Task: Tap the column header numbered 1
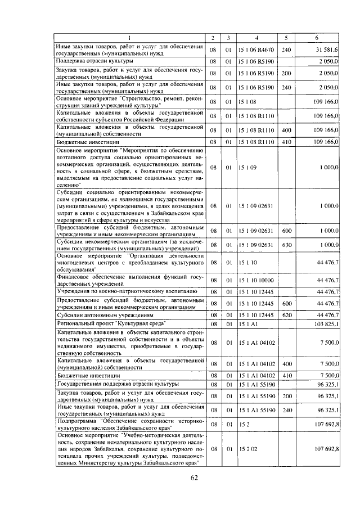pyautogui.click(x=129, y=38)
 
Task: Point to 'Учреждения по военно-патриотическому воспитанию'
pyautogui.click(x=126, y=291)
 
